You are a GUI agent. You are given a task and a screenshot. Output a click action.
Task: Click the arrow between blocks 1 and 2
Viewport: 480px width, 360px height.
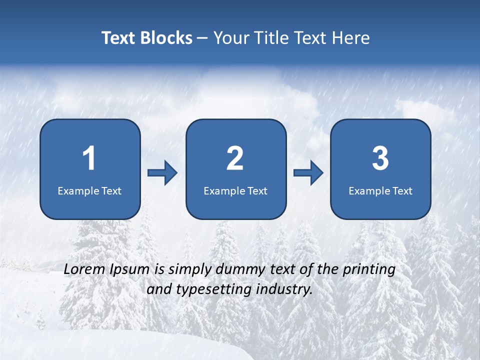pos(162,173)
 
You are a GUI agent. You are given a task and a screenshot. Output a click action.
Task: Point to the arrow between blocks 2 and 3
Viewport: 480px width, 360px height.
pos(308,173)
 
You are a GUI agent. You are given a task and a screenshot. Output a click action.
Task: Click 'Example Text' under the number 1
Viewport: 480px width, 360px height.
pos(89,190)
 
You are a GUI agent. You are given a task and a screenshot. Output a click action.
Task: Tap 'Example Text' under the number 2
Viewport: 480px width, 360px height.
pos(235,190)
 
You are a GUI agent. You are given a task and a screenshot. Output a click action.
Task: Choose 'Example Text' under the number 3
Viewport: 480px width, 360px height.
pos(380,190)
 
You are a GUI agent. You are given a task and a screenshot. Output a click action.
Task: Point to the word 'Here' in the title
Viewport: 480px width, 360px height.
pos(350,38)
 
